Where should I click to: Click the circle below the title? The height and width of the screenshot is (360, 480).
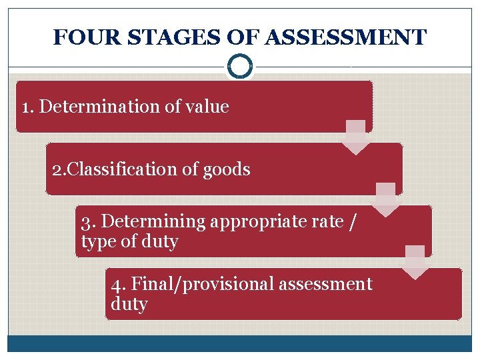(239, 66)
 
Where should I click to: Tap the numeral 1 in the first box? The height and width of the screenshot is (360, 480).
(26, 107)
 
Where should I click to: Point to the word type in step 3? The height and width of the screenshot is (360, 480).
(97, 241)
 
